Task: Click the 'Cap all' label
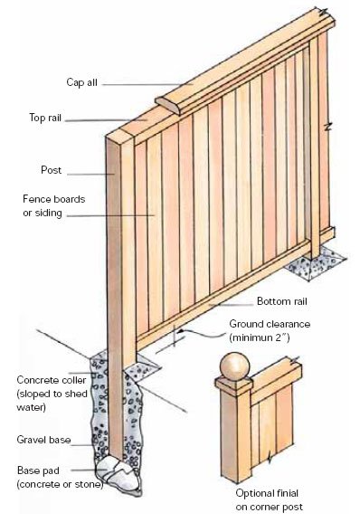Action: pyautogui.click(x=81, y=82)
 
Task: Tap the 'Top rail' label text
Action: pyautogui.click(x=45, y=118)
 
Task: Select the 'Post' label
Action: pyautogui.click(x=51, y=170)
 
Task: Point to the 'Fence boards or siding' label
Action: pyautogui.click(x=53, y=206)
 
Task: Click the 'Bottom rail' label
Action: pyautogui.click(x=281, y=301)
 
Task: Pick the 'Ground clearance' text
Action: pyautogui.click(x=270, y=324)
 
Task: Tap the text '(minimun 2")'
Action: pyautogui.click(x=260, y=338)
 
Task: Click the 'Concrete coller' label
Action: pyautogui.click(x=52, y=380)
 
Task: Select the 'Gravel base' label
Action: pyautogui.click(x=43, y=440)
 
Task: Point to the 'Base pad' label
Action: pyautogui.click(x=38, y=470)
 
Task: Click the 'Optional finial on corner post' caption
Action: pyautogui.click(x=269, y=499)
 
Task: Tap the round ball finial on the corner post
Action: pyautogui.click(x=235, y=367)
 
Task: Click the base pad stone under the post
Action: pyautogui.click(x=117, y=472)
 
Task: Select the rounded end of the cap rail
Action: pyautogui.click(x=168, y=106)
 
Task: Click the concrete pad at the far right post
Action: pyautogui.click(x=316, y=263)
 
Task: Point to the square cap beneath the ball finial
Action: pyautogui.click(x=233, y=386)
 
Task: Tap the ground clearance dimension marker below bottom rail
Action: pyautogui.click(x=174, y=337)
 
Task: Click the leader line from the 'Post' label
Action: pyautogui.click(x=91, y=175)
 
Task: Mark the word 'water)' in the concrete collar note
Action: pyautogui.click(x=31, y=407)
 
